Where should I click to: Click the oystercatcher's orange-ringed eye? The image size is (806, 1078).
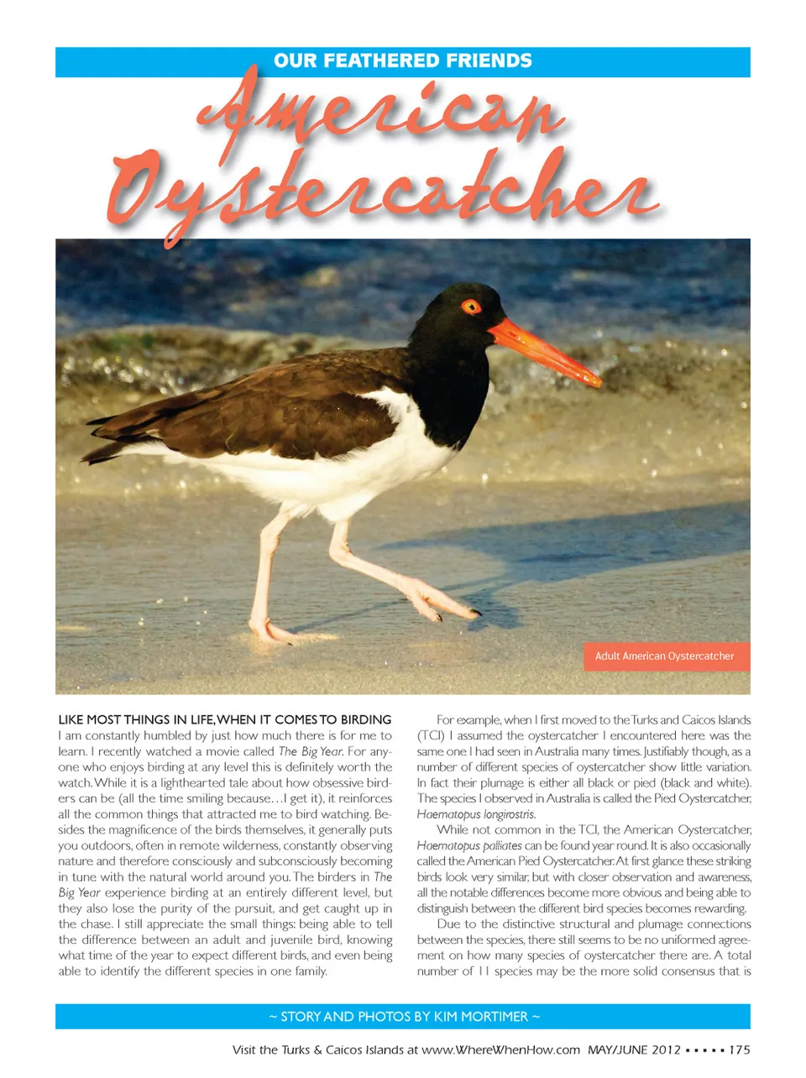pos(471,306)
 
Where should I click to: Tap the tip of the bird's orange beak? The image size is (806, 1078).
pos(597,382)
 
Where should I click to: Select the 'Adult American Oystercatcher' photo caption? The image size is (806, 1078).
pos(664,657)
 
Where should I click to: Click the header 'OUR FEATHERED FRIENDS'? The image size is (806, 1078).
pos(403,61)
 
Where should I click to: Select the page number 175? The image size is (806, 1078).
pos(740,1049)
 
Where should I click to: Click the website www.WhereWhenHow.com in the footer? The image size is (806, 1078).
pos(500,1049)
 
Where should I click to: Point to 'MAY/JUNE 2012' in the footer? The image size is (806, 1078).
pos(634,1049)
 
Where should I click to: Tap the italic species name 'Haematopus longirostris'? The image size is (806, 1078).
pos(476,814)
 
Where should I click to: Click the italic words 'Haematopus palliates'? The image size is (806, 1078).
pos(468,845)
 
